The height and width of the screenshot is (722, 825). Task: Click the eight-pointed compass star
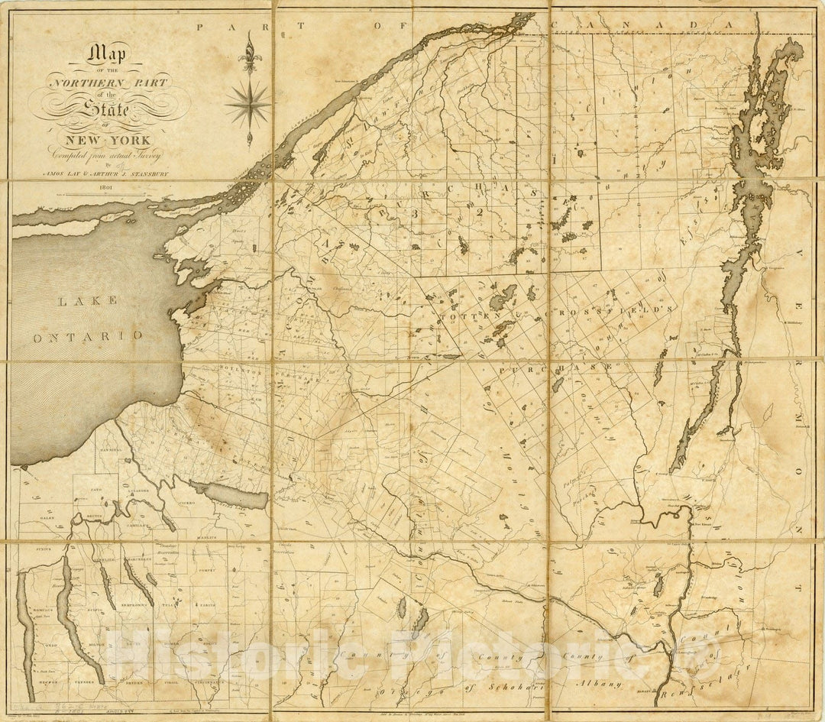(247, 104)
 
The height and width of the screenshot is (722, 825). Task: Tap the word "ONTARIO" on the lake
(87, 335)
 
